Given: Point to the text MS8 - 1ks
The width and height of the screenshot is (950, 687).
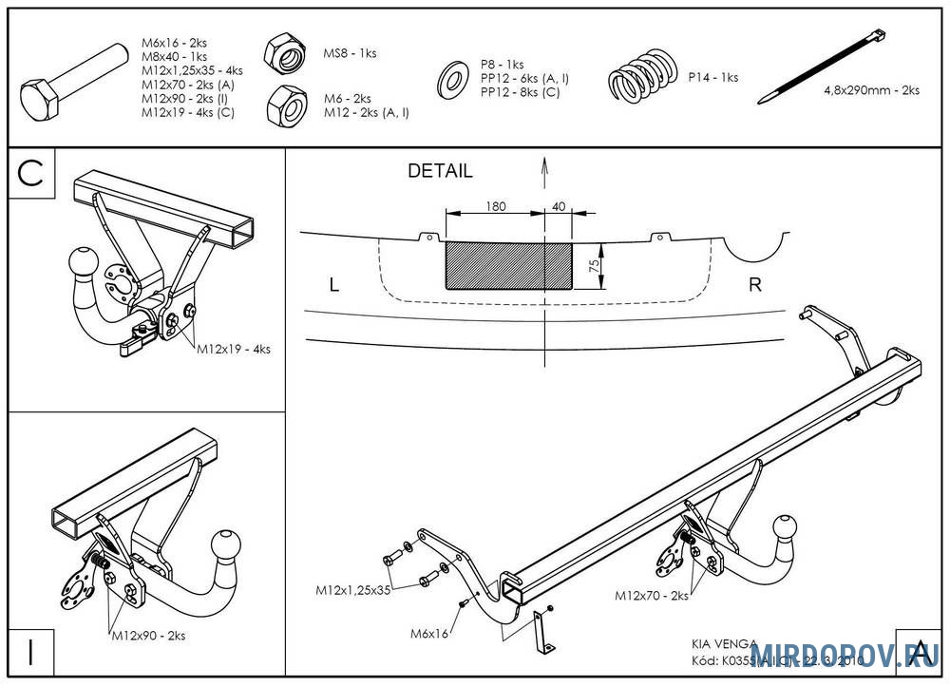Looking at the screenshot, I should (x=350, y=53).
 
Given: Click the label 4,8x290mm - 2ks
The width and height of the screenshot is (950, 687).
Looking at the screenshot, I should (x=871, y=91).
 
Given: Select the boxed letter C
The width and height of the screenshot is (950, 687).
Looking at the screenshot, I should (x=31, y=174).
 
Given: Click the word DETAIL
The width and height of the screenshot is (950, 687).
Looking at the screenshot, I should (x=440, y=172).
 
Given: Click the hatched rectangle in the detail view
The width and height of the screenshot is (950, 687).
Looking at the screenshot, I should (x=509, y=265).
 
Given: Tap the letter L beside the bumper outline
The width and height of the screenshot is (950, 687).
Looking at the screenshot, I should (x=333, y=284).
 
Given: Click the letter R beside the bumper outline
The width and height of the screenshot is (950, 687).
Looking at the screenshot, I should (x=755, y=284).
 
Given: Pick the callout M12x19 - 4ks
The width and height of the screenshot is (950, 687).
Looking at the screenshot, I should (x=234, y=349).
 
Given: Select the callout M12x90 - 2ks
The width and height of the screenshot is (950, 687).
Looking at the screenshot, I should (x=148, y=635).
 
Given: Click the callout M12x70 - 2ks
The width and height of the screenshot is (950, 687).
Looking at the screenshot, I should (x=652, y=596).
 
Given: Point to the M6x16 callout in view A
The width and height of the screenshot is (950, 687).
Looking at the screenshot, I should (x=429, y=632).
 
